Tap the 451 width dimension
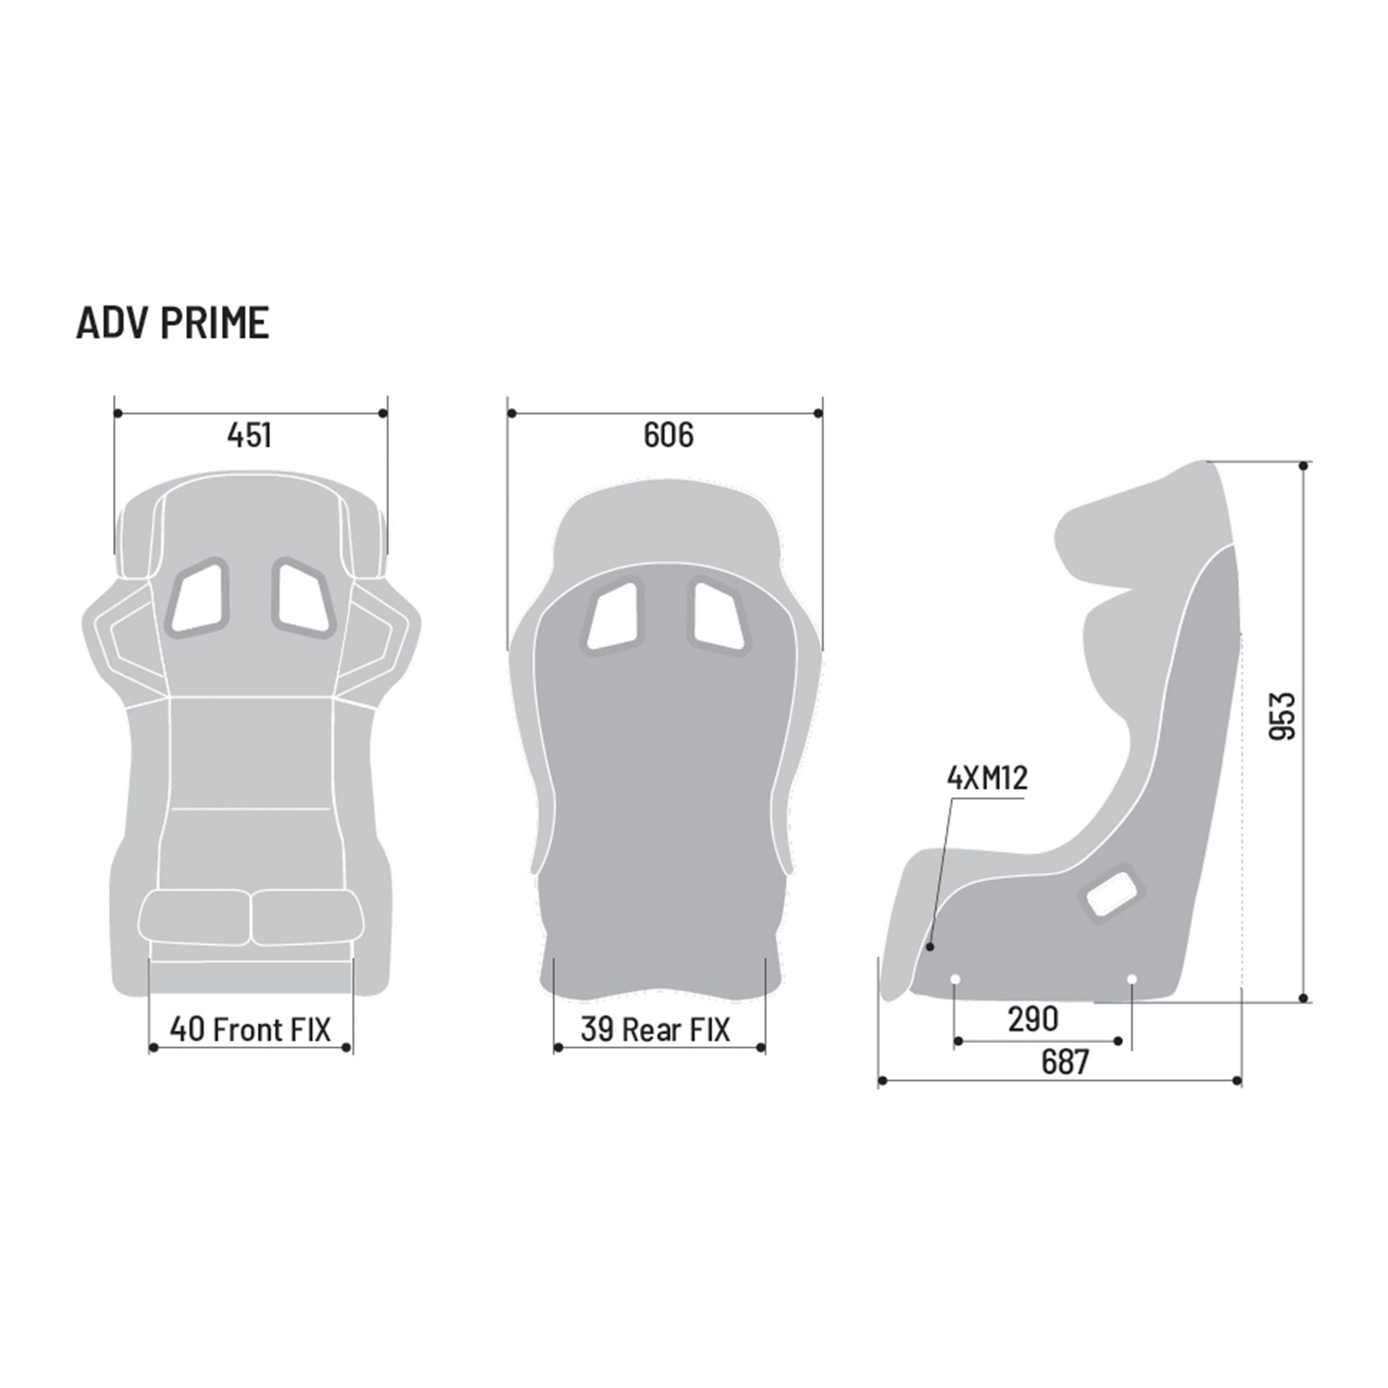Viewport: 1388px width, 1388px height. (x=249, y=435)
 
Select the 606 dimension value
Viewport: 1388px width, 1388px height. (x=668, y=435)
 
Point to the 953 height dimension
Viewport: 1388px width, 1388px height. (x=1283, y=716)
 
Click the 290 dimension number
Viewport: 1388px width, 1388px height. (x=1033, y=1019)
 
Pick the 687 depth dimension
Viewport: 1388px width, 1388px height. (x=1065, y=1062)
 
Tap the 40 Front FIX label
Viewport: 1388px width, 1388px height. (x=250, y=1029)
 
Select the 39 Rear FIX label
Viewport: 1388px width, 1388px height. (x=654, y=1029)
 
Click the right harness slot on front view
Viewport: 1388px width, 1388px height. (x=303, y=598)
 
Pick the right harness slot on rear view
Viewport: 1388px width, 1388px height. (x=718, y=617)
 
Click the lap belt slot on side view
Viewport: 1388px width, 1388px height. (x=1110, y=893)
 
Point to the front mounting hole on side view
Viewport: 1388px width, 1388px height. (x=956, y=979)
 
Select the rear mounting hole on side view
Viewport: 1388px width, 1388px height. (x=1132, y=979)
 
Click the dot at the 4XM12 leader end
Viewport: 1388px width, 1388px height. (x=931, y=947)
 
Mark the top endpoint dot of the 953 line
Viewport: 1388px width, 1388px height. (x=1304, y=466)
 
